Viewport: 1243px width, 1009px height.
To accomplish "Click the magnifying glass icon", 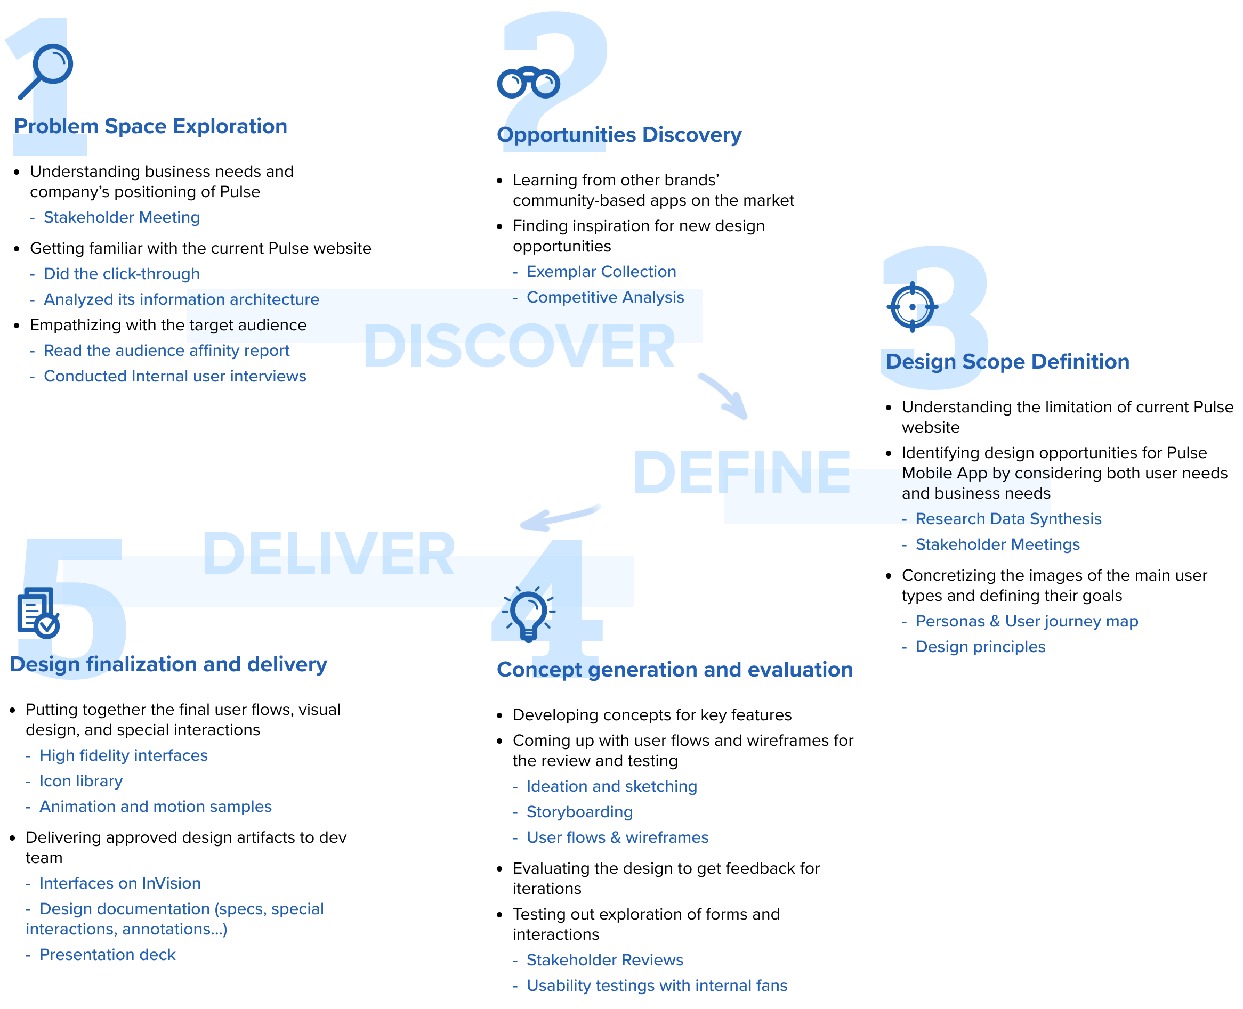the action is (x=45, y=71).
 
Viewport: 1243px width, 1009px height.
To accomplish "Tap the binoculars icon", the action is (x=528, y=82).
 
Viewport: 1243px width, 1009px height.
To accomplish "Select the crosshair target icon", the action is (x=911, y=306).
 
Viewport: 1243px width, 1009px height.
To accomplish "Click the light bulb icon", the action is (x=528, y=614).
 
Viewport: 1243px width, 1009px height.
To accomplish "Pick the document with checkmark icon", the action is (x=38, y=613).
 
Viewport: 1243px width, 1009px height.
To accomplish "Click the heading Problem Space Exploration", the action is (x=151, y=126).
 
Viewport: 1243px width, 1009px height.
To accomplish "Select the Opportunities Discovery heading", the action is (x=619, y=135).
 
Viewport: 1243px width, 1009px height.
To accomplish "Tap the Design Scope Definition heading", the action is (x=1007, y=362).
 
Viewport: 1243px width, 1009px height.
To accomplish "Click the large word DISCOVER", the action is (x=519, y=346).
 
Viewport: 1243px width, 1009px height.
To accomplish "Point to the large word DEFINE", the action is (x=742, y=472).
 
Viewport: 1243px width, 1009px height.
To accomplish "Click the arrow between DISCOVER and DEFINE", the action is (x=724, y=394).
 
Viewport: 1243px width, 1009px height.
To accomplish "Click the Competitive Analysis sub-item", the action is (x=604, y=297).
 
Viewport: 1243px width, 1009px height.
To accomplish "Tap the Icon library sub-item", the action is (x=81, y=780).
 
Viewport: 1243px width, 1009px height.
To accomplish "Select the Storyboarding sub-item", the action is (x=579, y=811).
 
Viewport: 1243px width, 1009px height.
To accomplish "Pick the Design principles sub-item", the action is (x=980, y=646).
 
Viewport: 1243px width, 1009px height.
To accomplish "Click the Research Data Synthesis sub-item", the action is (x=1008, y=518).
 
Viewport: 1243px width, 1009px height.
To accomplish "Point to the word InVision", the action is (x=172, y=883).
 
